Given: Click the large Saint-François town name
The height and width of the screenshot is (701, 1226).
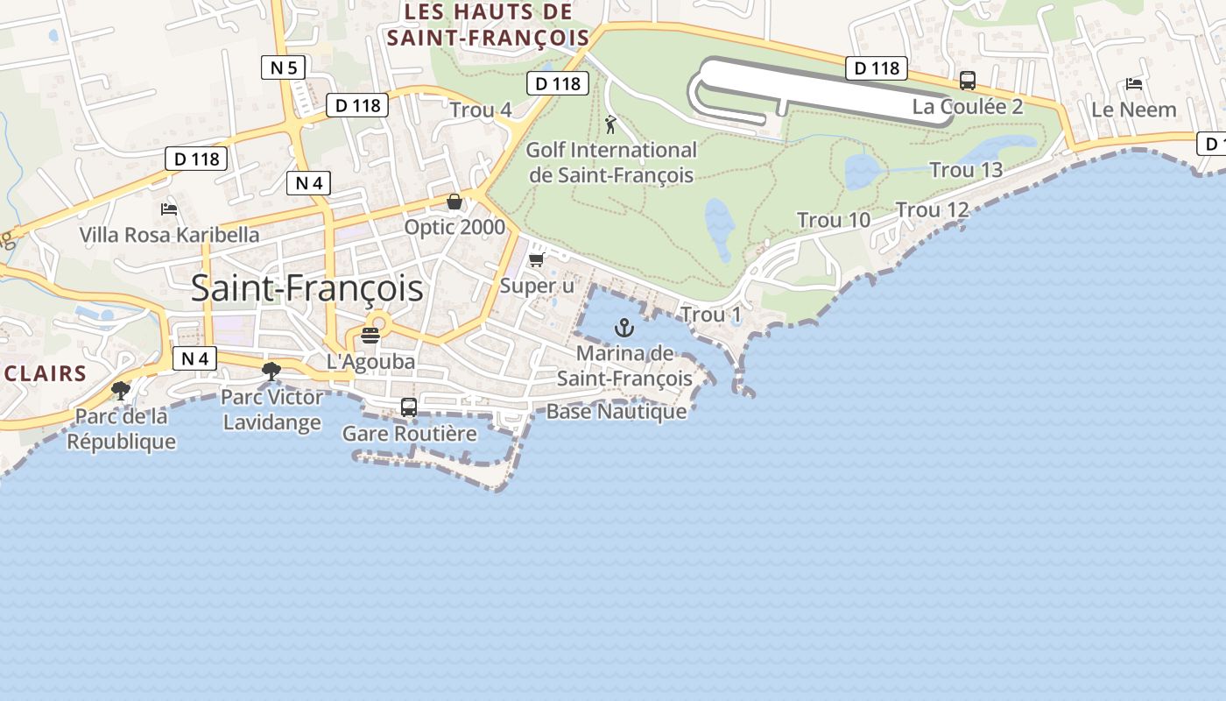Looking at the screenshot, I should point(306,288).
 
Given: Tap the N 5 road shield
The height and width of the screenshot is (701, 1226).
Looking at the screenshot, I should point(283,67).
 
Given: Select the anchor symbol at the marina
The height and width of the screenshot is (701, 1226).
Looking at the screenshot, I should point(624,329).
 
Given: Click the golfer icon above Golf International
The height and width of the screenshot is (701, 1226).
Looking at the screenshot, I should point(610,124).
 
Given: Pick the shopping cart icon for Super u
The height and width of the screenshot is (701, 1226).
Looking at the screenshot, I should point(537,259).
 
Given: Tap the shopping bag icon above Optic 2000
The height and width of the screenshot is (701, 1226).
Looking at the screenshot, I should point(454,202).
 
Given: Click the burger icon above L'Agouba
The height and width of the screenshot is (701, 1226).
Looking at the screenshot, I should point(370,336).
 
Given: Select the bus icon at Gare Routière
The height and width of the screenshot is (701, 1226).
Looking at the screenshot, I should point(409,407).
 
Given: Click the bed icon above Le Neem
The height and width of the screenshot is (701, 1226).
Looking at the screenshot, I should point(1134,84).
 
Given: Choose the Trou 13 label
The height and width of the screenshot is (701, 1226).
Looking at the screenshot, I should point(965,170).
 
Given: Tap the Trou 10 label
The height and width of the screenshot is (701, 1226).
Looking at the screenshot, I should point(833,220).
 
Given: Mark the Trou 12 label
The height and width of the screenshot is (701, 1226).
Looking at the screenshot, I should point(932,210).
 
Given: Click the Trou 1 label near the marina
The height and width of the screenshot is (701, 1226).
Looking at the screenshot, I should point(710,315).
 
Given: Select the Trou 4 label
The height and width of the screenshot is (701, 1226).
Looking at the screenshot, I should point(481,110).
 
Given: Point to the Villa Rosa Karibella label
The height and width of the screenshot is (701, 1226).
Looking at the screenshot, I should point(169,235).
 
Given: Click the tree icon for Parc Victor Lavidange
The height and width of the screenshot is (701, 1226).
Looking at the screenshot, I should point(271,372).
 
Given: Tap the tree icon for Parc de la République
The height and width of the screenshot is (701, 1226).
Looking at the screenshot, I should point(121,390).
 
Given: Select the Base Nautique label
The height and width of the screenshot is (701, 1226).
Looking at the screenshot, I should point(617,411).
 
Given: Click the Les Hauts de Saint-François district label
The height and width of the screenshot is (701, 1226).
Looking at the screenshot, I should point(488,25).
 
